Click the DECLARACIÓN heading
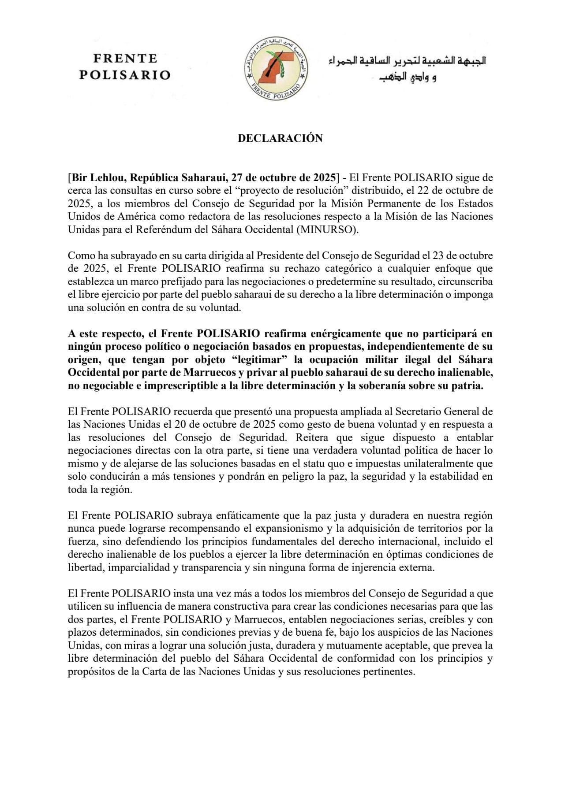280,138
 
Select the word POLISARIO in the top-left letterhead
125,75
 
